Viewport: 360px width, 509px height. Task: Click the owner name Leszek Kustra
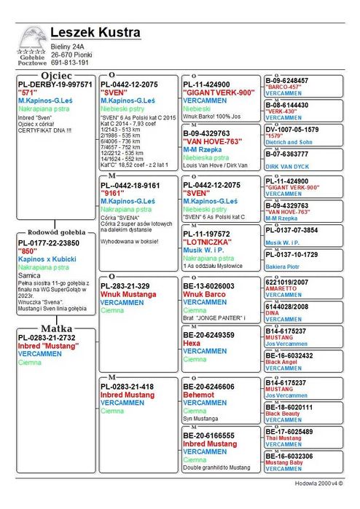point(95,33)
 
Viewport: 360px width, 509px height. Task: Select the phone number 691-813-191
point(70,63)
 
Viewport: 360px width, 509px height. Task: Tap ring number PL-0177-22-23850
point(49,242)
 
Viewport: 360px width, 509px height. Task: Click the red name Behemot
point(198,394)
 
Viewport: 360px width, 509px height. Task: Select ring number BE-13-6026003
point(208,286)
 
